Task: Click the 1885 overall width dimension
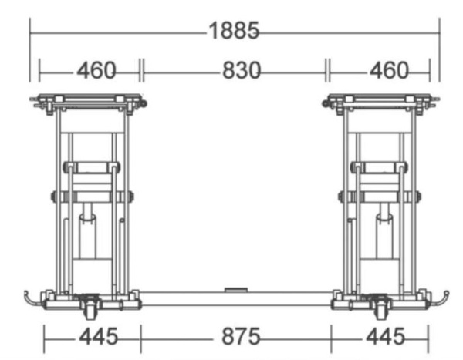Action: click(234, 30)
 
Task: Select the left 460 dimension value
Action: click(96, 70)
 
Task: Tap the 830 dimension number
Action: click(242, 70)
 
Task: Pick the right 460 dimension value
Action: click(389, 70)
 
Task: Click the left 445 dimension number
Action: click(99, 336)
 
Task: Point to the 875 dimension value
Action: click(241, 336)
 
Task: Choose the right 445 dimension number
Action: click(385, 336)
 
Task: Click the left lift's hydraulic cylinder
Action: click(87, 236)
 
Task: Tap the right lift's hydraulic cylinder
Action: click(384, 236)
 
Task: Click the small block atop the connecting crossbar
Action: click(236, 290)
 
